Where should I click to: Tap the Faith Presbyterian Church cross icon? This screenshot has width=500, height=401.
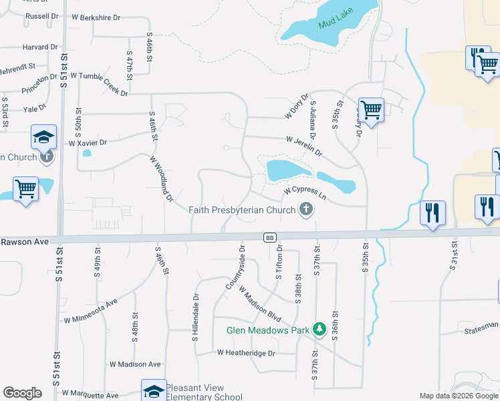pos(306,210)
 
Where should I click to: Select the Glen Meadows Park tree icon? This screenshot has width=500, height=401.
pos(320,329)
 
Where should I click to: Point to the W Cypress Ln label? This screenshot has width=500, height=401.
pos(304,192)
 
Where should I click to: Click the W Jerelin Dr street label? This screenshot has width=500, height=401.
pos(304,146)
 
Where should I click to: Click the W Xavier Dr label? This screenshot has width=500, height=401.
pos(88,142)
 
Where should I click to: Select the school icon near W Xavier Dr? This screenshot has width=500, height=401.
pos(43,138)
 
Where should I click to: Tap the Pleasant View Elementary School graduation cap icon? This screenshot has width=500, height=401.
pos(153,390)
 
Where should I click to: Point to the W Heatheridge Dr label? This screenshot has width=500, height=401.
pos(245,352)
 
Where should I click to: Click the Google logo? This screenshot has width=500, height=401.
pos(22,393)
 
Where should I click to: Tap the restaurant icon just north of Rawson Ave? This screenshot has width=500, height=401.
pos(432,213)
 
